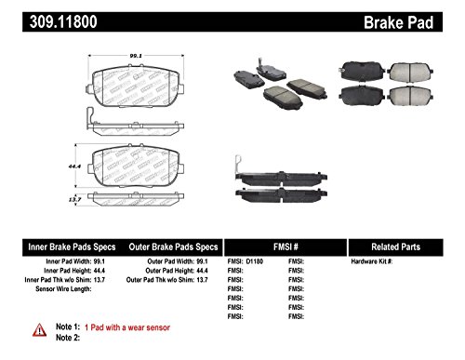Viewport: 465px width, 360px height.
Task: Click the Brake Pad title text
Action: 416,16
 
